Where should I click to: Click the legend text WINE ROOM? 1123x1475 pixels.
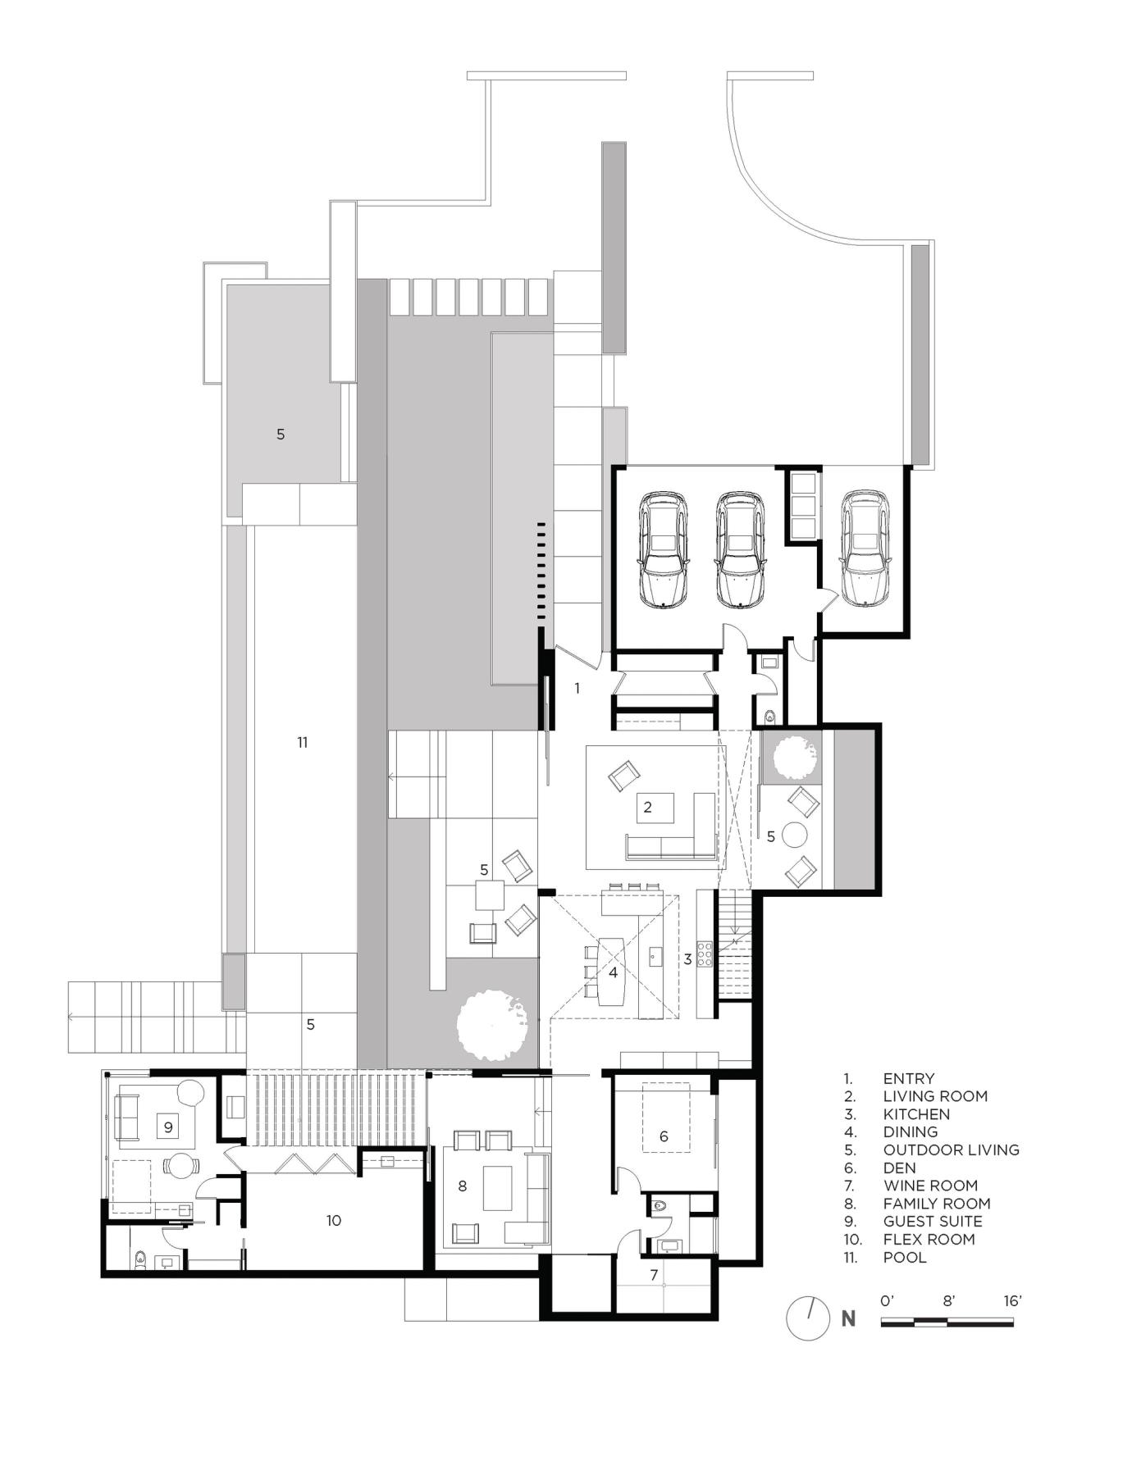pyautogui.click(x=930, y=1186)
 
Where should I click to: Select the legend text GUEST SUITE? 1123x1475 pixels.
pyautogui.click(x=933, y=1221)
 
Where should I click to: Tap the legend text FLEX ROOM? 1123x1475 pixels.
pyautogui.click(x=929, y=1239)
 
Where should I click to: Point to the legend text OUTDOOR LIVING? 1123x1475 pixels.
pyautogui.click(x=951, y=1150)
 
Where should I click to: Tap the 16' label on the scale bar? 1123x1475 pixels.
pyautogui.click(x=1012, y=1300)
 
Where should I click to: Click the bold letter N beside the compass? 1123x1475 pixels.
pyautogui.click(x=848, y=1319)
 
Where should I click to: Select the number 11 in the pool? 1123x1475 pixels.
pyautogui.click(x=302, y=742)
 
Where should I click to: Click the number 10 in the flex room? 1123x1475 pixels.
pyautogui.click(x=333, y=1220)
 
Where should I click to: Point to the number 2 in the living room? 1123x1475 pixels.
pyautogui.click(x=647, y=808)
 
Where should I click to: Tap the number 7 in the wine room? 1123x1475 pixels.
pyautogui.click(x=654, y=1275)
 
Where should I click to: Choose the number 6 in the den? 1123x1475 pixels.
pyautogui.click(x=664, y=1136)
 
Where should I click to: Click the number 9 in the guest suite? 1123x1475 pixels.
pyautogui.click(x=168, y=1127)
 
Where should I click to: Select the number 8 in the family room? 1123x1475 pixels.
pyautogui.click(x=463, y=1186)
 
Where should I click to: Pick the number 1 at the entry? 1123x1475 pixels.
pyautogui.click(x=577, y=688)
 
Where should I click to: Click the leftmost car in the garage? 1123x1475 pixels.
pyautogui.click(x=664, y=549)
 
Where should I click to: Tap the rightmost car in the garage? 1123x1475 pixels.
pyautogui.click(x=865, y=549)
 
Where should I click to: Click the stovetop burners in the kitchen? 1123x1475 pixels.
pyautogui.click(x=705, y=955)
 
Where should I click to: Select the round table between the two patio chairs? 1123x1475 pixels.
pyautogui.click(x=796, y=835)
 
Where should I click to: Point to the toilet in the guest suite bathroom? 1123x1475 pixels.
pyautogui.click(x=140, y=1258)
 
